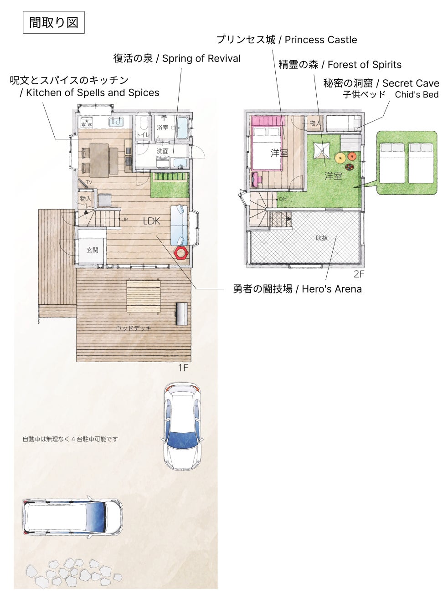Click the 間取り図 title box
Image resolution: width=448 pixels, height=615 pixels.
tap(54, 22)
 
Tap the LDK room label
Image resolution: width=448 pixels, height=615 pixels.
tap(152, 221)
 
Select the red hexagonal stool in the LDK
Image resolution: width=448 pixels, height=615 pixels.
tap(181, 252)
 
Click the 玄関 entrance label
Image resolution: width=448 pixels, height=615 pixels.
tap(93, 250)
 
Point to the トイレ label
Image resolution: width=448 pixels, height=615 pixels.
tap(144, 134)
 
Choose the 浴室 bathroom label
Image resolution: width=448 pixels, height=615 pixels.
tap(163, 128)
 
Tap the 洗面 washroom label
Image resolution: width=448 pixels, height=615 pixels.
tap(163, 151)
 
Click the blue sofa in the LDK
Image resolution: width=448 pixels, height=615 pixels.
tap(179, 225)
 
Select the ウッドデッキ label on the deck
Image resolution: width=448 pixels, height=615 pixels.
tap(134, 328)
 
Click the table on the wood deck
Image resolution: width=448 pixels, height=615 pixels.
tap(144, 296)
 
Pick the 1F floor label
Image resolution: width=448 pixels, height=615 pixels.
tap(183, 368)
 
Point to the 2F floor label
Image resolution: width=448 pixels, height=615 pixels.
tap(359, 274)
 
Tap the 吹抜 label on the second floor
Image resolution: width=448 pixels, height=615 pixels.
tap(322, 238)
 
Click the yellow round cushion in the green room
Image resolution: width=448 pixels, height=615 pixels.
tap(340, 158)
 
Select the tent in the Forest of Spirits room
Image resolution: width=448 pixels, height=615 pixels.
tap(322, 150)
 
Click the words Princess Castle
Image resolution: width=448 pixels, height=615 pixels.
tap(321, 40)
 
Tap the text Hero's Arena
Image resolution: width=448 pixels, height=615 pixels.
tap(331, 289)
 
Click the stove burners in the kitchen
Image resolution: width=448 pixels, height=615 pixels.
tap(87, 123)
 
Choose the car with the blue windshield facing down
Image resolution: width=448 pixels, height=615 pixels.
tap(182, 426)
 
